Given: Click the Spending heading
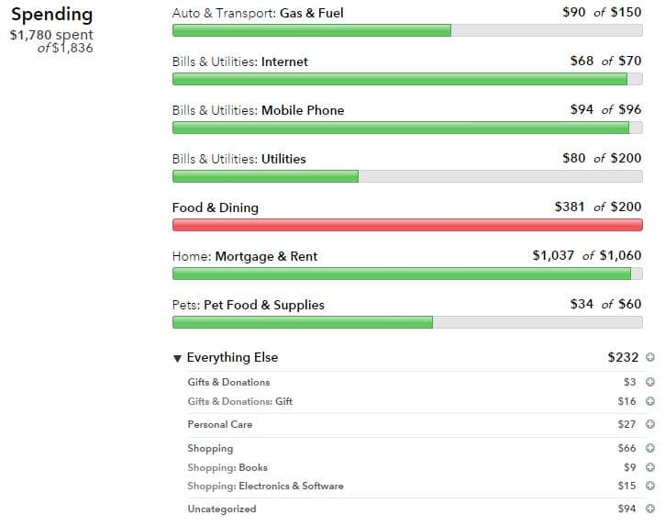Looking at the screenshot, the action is [51, 15].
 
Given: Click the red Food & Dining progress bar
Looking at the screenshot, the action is [407, 225].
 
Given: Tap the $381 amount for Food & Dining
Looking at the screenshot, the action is [570, 207].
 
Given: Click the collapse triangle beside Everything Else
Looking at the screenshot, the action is [177, 358].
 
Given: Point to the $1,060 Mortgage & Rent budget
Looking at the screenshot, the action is [620, 255].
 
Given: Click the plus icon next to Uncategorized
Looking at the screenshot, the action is [650, 509].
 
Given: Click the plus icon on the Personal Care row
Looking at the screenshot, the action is [650, 424].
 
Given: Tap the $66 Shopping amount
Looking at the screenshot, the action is [626, 448].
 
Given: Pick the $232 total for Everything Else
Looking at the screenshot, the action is [623, 357].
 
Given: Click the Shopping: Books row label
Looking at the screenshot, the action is [227, 467].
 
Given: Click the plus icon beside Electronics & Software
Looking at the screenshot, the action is [650, 486].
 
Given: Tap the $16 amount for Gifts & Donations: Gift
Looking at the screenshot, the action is [626, 401].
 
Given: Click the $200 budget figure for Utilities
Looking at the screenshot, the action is [626, 159].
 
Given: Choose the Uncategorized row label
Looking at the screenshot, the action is [222, 509].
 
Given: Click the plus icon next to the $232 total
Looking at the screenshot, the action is [650, 357].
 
